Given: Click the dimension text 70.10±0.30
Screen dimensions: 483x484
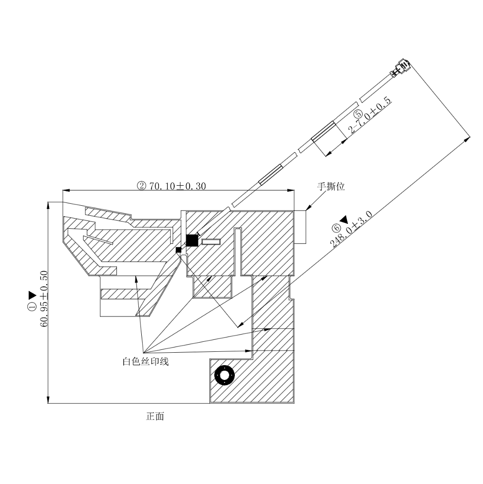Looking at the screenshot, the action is coord(178,186).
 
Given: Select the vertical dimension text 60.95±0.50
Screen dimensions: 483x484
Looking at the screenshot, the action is coord(44,299).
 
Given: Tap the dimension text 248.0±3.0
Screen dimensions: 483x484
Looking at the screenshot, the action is coord(351,229).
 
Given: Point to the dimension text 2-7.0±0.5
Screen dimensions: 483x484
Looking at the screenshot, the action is coord(370,116).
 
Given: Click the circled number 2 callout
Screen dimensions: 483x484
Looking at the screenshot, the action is coord(141,186).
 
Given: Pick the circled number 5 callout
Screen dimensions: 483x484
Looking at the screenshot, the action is coord(358,114).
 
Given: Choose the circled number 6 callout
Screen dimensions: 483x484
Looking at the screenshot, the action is coord(336,228).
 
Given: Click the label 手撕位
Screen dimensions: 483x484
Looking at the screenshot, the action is coord(331,187).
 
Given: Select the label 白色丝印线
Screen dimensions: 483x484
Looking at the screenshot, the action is coord(146,361).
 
